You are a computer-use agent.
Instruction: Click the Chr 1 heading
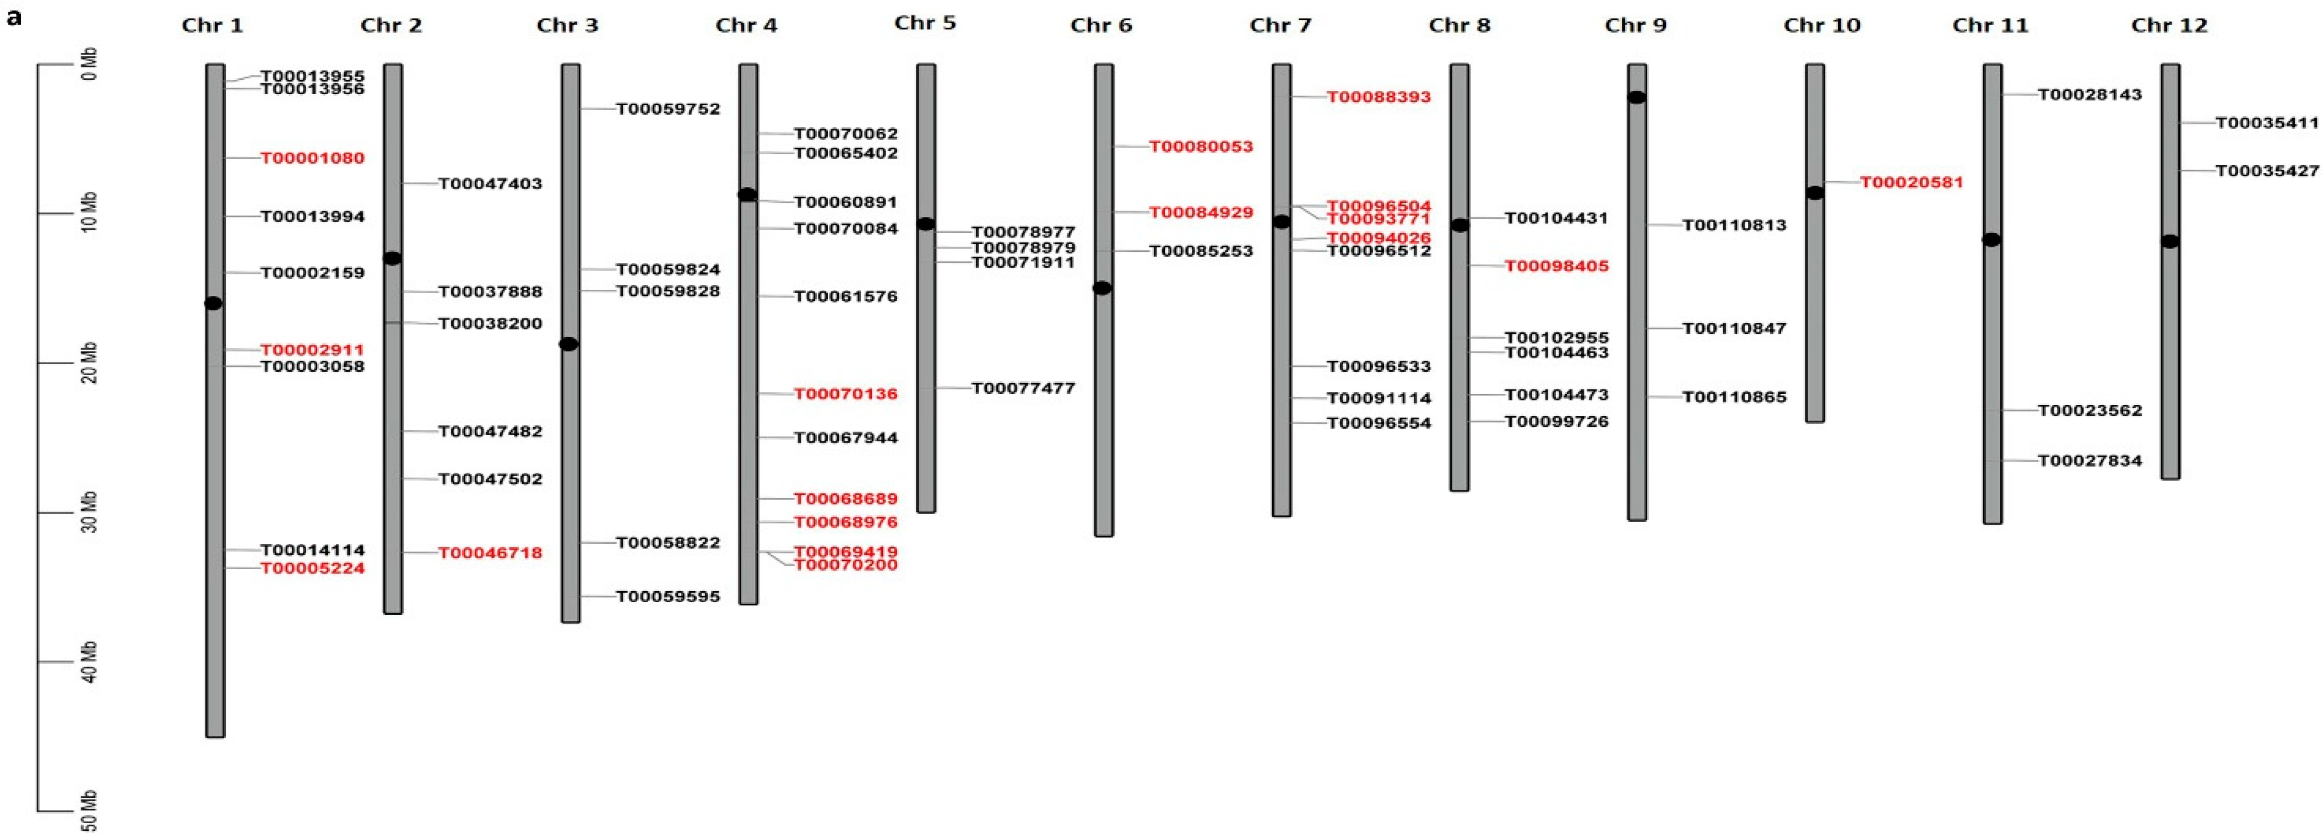coord(212,25)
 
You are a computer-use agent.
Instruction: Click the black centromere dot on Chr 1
coord(213,303)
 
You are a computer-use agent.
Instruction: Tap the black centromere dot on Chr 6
coord(1102,288)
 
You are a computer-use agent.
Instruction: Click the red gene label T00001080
coord(312,158)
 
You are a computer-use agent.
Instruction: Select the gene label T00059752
coord(667,109)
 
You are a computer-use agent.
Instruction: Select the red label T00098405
coord(1556,266)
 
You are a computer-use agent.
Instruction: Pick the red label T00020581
coord(1911,182)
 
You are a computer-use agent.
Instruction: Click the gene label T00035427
coord(2266,170)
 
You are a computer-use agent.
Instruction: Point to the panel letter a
coord(14,17)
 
